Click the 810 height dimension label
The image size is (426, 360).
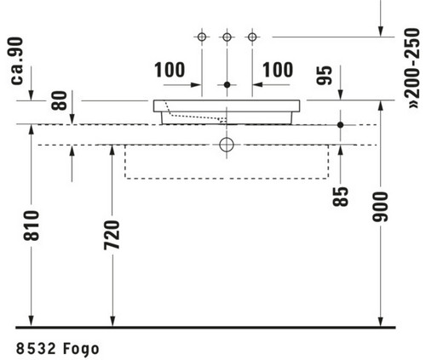(32, 226)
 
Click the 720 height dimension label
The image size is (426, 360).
(112, 235)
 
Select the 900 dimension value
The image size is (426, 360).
(380, 207)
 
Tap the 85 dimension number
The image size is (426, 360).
(341, 197)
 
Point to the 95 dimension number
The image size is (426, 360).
(325, 75)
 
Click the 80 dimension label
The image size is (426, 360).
(60, 100)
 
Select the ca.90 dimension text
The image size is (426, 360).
(17, 60)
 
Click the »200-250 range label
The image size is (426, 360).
(413, 68)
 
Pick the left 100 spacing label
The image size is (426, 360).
(170, 70)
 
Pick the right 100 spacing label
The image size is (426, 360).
(278, 70)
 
